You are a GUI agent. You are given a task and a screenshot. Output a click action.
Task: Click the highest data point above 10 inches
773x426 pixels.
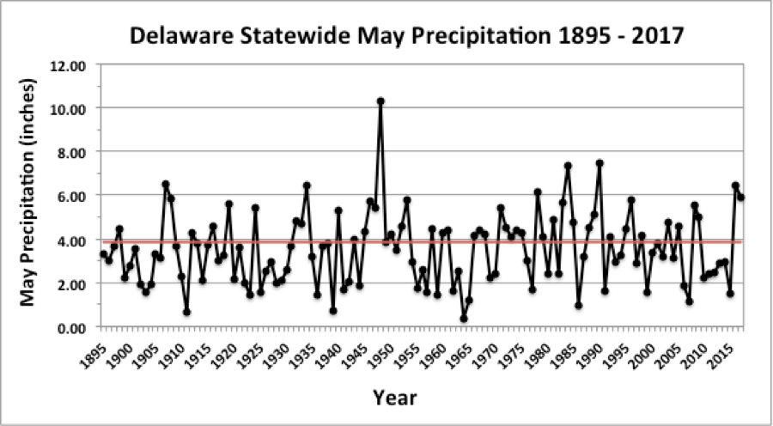click(380, 101)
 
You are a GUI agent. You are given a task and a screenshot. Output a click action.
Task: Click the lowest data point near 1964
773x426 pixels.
click(464, 319)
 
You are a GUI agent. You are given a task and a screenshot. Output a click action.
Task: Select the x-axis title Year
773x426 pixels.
click(394, 397)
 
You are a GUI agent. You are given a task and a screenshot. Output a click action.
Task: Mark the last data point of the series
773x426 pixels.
click(741, 198)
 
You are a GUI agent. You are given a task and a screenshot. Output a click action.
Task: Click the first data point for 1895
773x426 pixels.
click(103, 254)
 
